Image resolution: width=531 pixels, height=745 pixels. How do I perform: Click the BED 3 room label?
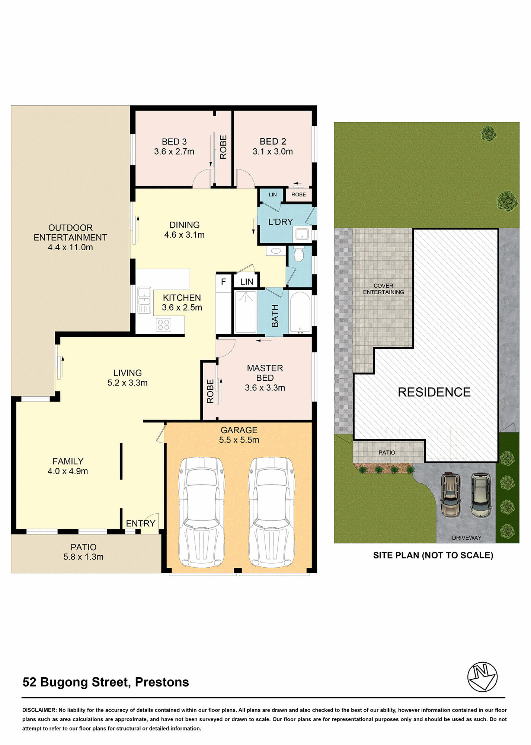tap(174, 146)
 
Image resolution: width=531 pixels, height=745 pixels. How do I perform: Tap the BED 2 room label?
tap(273, 146)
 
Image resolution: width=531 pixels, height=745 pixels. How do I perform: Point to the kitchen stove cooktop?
tap(163, 324)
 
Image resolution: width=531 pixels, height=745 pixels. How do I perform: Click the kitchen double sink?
tap(144, 300)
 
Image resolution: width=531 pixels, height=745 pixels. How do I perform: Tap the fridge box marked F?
tap(224, 282)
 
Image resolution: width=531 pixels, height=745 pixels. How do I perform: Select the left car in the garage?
tap(202, 512)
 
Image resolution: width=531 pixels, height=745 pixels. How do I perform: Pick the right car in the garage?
tap(271, 512)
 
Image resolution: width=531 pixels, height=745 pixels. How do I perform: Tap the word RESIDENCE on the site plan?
tap(434, 392)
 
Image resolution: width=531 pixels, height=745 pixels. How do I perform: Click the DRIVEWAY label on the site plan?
tap(467, 538)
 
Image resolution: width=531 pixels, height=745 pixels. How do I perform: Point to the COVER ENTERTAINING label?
tap(384, 289)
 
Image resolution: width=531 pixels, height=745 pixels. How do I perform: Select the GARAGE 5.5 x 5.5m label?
tap(239, 435)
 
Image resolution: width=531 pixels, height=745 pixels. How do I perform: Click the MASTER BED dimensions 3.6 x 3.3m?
tap(265, 388)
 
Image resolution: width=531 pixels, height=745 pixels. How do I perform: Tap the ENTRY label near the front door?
tap(141, 523)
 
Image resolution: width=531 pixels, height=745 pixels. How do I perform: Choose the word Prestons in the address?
tap(162, 682)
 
